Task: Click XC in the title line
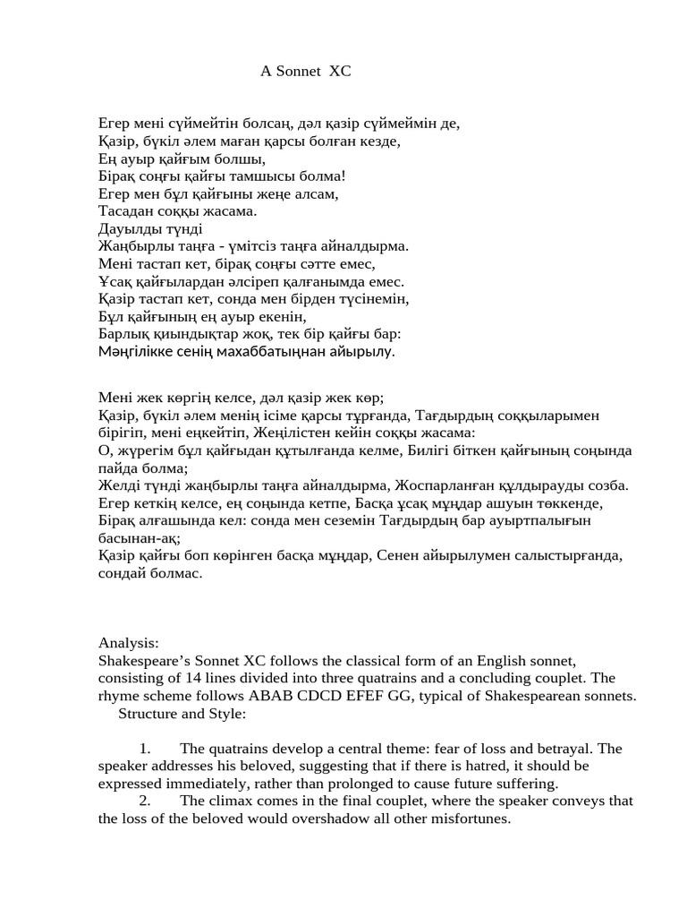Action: click(341, 71)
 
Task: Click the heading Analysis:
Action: click(129, 643)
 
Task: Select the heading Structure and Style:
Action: click(182, 713)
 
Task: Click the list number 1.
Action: click(144, 749)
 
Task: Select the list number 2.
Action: click(144, 801)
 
